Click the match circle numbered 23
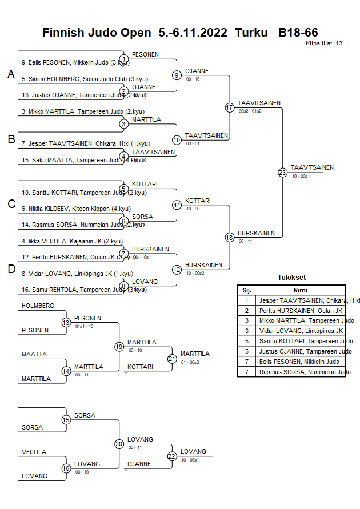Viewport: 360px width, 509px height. click(282, 172)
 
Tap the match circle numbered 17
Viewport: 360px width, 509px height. click(230, 107)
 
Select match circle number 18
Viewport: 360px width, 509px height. click(230, 238)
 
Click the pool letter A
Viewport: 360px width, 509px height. click(11, 74)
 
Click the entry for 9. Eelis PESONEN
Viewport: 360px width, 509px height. click(74, 63)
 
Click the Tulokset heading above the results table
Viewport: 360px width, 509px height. click(291, 278)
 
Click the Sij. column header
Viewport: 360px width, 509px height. click(247, 290)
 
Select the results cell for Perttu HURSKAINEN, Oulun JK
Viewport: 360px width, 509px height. click(300, 310)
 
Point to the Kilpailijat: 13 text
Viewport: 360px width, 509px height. click(324, 43)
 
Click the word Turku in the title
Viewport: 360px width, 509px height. click(251, 33)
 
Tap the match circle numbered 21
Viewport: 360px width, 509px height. click(172, 359)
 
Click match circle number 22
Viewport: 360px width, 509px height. click(172, 456)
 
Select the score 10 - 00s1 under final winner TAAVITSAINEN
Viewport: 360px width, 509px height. click(301, 177)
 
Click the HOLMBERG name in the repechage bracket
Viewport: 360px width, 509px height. click(38, 306)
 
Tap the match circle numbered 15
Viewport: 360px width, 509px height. click(66, 420)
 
